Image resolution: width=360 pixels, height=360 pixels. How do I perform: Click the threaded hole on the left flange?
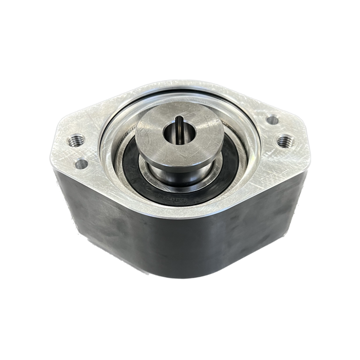73,140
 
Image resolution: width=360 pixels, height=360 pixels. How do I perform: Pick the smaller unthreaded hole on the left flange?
81,164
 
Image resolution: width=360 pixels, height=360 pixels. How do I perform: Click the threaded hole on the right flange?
283,139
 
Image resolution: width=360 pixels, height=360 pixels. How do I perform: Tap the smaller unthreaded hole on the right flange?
272,120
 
